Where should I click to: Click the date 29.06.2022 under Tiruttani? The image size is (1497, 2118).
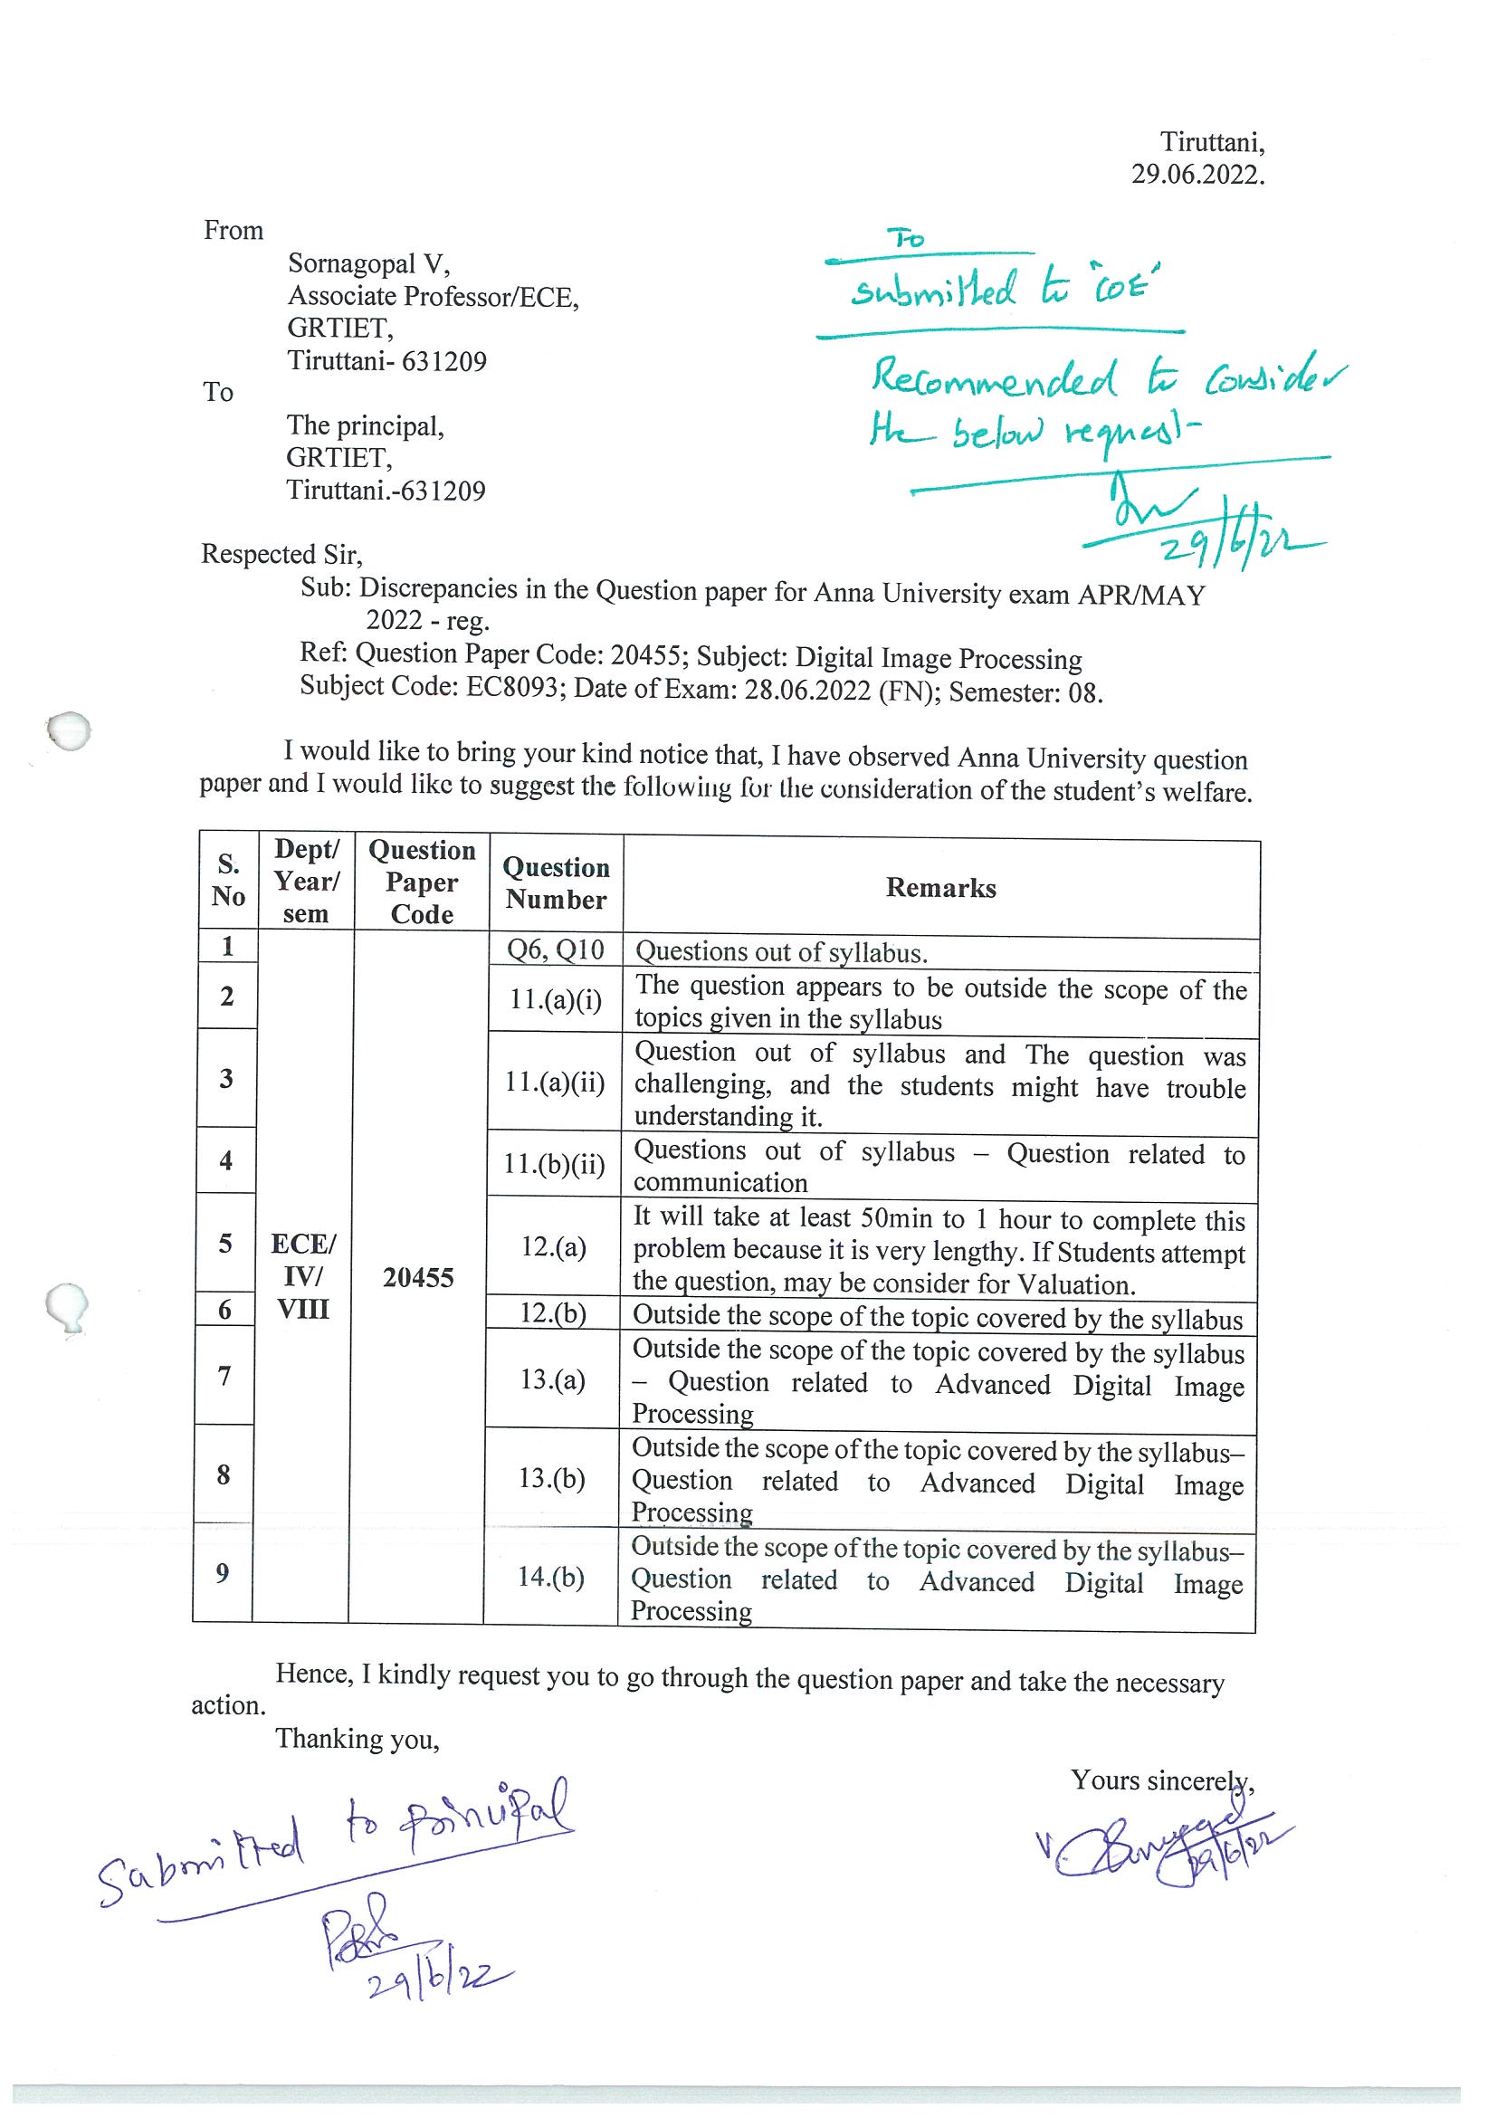click(1197, 175)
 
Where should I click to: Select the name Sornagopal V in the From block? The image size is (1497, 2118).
click(368, 263)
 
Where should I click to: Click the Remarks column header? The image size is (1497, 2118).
click(940, 887)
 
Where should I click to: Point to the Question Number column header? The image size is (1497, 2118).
click(557, 882)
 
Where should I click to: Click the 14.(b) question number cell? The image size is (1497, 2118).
click(550, 1576)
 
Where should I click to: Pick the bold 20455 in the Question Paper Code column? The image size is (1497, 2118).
click(419, 1277)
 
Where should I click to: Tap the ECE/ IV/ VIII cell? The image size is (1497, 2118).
click(303, 1276)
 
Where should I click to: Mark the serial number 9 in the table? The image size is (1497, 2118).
click(223, 1572)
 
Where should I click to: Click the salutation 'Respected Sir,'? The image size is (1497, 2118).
click(282, 555)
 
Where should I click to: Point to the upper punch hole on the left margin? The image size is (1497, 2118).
click(69, 731)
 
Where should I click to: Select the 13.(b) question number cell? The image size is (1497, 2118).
click(551, 1478)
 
